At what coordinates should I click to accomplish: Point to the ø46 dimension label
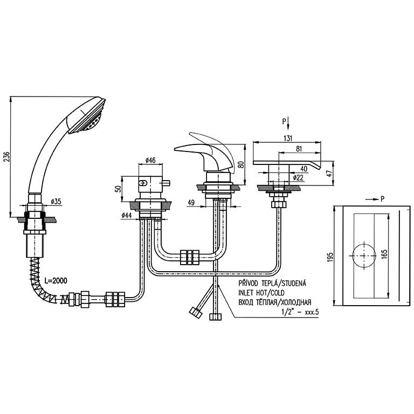150,161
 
